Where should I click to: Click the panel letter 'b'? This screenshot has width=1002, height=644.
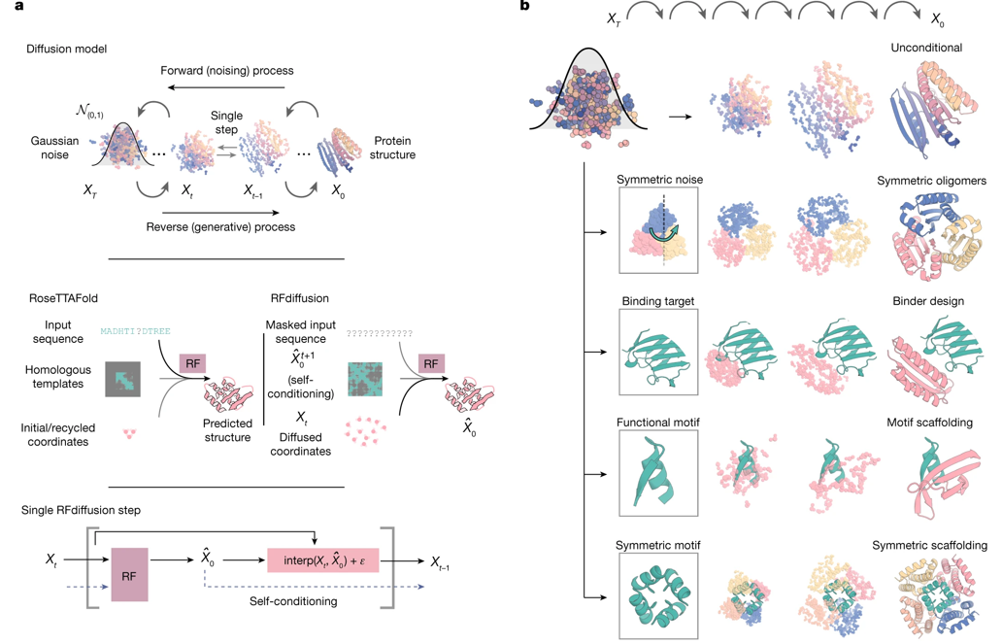pos(524,7)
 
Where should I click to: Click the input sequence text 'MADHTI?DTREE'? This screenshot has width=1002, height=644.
pos(135,331)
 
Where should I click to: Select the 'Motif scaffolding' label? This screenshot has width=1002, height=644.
pos(930,424)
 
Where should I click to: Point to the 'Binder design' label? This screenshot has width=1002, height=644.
pos(928,301)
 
